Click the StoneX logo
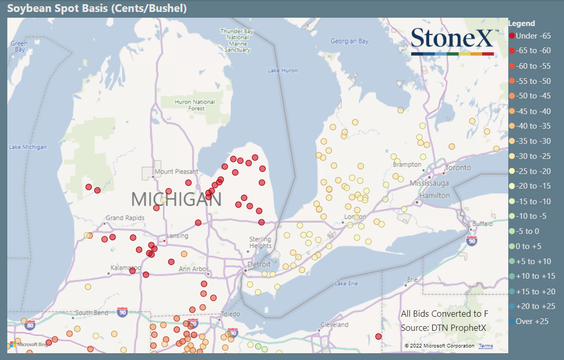coord(452,40)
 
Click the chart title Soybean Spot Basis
coord(97,8)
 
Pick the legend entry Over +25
coord(528,321)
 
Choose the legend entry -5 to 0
coord(528,231)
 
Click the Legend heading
coord(521,23)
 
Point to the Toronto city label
coord(458,168)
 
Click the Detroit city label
coord(259,265)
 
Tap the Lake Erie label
coord(346,283)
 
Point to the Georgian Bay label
coord(349,41)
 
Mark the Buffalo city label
coord(483,224)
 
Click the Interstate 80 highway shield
coord(30,325)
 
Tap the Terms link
coord(486,346)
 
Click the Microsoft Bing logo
coord(29,344)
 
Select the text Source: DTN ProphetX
coord(443,328)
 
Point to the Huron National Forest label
coord(195,105)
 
